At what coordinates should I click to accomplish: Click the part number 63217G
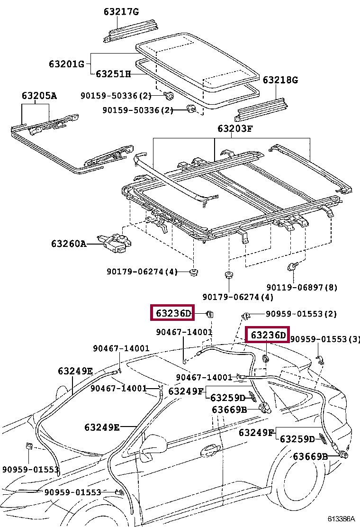[x=121, y=11]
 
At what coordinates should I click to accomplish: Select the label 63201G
[x=66, y=64]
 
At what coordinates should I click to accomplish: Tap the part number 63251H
[x=113, y=74]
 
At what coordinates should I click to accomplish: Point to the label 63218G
[x=280, y=80]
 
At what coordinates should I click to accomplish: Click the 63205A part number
[x=39, y=96]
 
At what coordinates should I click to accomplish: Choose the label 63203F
[x=235, y=128]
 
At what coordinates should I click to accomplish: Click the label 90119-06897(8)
[x=302, y=287]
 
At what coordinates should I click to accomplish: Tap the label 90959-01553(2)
[x=301, y=314]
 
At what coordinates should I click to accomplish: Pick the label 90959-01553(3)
[x=325, y=339]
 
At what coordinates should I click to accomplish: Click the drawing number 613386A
[x=341, y=519]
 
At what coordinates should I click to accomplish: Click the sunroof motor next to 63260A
[x=116, y=241]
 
